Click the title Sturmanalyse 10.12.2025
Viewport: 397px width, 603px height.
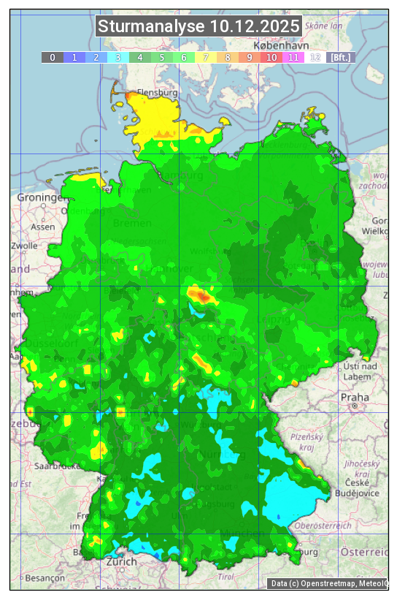[x=198, y=27]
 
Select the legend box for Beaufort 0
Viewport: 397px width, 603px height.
[x=52, y=57]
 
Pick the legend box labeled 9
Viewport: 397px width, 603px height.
[x=249, y=57]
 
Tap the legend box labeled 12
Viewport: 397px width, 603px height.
[x=315, y=57]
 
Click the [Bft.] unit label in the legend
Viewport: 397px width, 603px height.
[x=340, y=57]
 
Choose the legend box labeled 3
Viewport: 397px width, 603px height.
[x=117, y=57]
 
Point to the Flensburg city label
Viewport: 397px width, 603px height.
[x=158, y=94]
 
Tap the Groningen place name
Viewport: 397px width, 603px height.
[x=42, y=198]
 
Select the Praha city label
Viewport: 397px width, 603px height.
[x=354, y=397]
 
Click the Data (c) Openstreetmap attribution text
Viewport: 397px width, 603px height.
[x=328, y=583]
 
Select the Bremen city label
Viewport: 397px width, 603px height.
[x=133, y=223]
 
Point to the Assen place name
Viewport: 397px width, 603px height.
[x=43, y=227]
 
